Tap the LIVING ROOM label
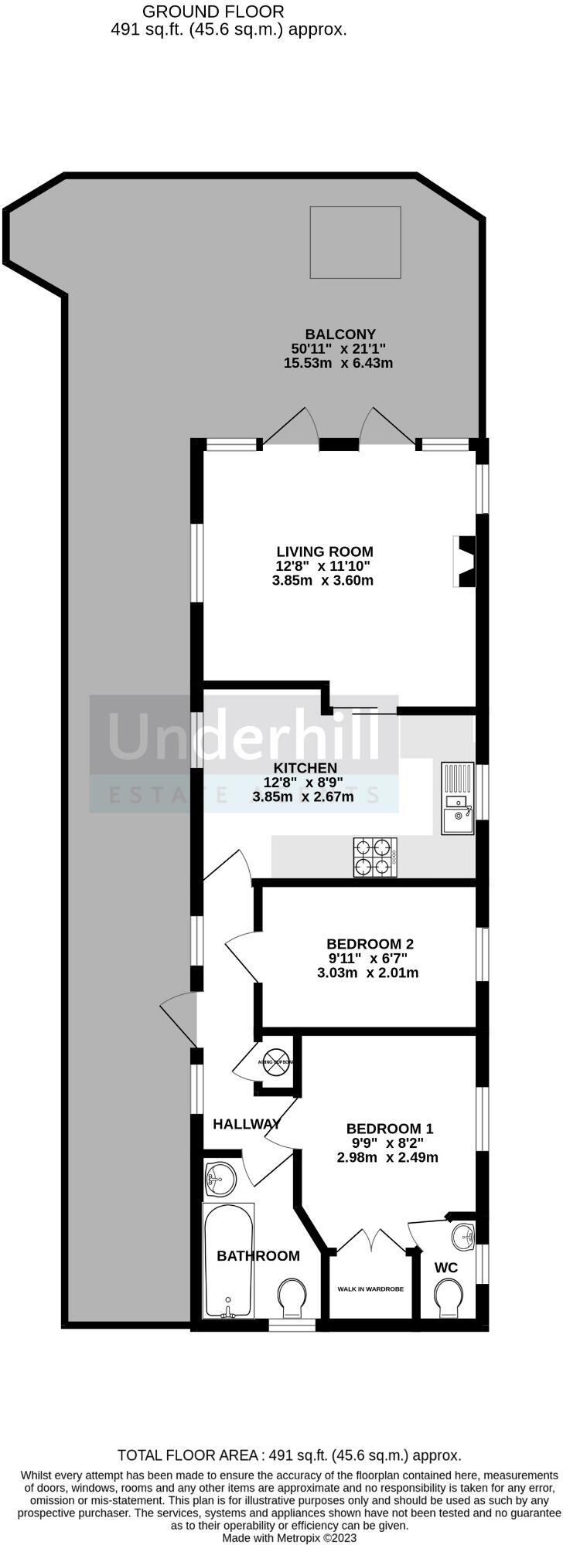(325, 552)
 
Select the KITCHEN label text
(305, 768)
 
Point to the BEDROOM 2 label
(370, 944)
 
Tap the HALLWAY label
(246, 1124)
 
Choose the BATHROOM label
(258, 1256)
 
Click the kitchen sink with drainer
(456, 798)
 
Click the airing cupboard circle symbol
(277, 1063)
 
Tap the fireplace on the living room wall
(466, 562)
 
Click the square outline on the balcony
(355, 242)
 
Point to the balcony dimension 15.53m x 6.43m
(338, 363)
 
